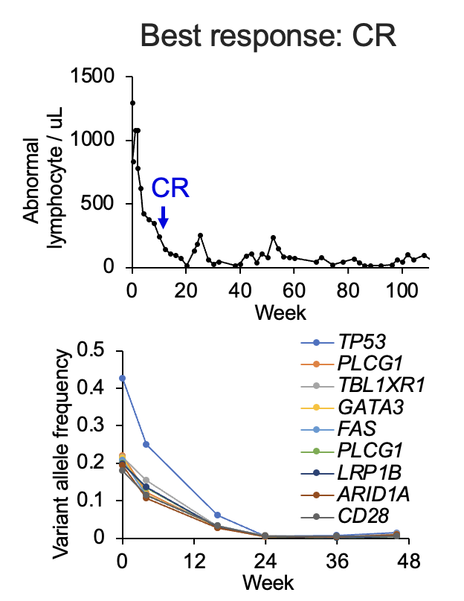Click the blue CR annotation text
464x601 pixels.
click(170, 188)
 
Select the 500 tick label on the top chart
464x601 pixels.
click(103, 204)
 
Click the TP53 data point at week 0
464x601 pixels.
click(123, 378)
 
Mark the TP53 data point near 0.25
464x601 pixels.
click(146, 444)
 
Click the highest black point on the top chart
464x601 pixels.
click(132, 103)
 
